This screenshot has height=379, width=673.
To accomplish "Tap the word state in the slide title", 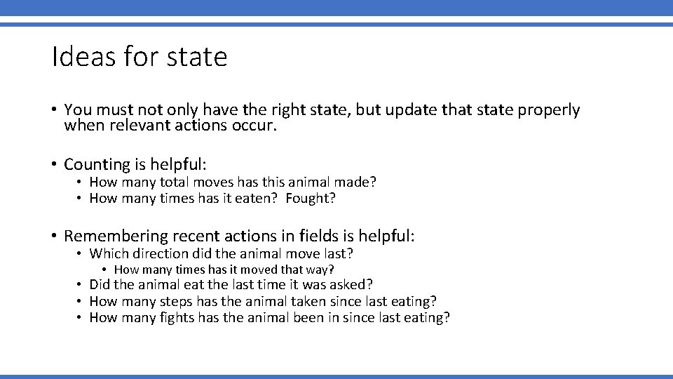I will pyautogui.click(x=197, y=58).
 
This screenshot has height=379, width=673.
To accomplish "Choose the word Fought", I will pyautogui.click(x=311, y=199).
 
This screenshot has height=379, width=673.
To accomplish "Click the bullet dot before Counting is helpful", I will pyautogui.click(x=53, y=165).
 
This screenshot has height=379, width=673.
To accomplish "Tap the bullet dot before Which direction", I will pyautogui.click(x=81, y=254).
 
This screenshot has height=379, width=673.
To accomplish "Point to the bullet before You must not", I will pyautogui.click(x=53, y=110).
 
